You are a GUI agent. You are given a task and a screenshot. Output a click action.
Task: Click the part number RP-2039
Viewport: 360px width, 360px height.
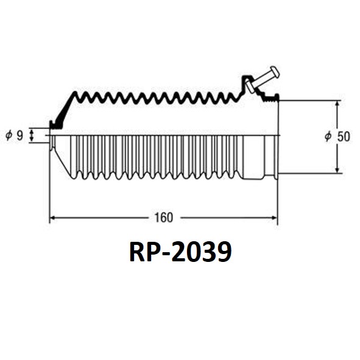click(x=180, y=252)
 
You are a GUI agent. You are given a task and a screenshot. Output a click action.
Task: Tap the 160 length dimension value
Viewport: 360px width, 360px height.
click(x=164, y=217)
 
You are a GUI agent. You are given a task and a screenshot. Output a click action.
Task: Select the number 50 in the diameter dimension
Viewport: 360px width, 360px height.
click(x=344, y=136)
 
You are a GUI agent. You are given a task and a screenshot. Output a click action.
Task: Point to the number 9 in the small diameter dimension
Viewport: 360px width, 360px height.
click(x=20, y=135)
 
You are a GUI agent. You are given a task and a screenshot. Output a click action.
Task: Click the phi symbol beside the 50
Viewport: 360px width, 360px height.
click(x=328, y=136)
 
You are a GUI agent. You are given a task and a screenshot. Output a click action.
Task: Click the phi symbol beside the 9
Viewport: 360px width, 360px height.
click(x=9, y=135)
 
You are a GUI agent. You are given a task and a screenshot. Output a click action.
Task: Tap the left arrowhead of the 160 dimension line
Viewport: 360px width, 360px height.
click(x=52, y=217)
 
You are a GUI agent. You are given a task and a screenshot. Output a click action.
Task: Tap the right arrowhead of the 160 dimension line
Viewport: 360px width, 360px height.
click(x=275, y=217)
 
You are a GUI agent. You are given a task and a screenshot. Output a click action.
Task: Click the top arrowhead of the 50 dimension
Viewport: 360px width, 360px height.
click(x=337, y=104)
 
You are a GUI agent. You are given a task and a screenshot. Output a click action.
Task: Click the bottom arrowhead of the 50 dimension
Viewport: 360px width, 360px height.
click(x=337, y=170)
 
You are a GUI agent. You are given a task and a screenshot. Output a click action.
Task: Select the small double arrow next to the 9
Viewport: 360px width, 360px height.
click(x=32, y=135)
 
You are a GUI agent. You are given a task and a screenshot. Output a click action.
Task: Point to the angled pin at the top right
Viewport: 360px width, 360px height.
click(x=263, y=80)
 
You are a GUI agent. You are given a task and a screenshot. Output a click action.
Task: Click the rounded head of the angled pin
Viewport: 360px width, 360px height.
click(x=275, y=71)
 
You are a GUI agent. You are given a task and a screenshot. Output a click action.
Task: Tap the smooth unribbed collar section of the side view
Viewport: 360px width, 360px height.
click(x=253, y=158)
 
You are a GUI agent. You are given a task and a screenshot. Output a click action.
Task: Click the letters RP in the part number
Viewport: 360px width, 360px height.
click(x=143, y=252)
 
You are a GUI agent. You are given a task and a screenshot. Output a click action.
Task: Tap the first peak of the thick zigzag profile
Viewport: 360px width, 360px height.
click(x=75, y=93)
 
